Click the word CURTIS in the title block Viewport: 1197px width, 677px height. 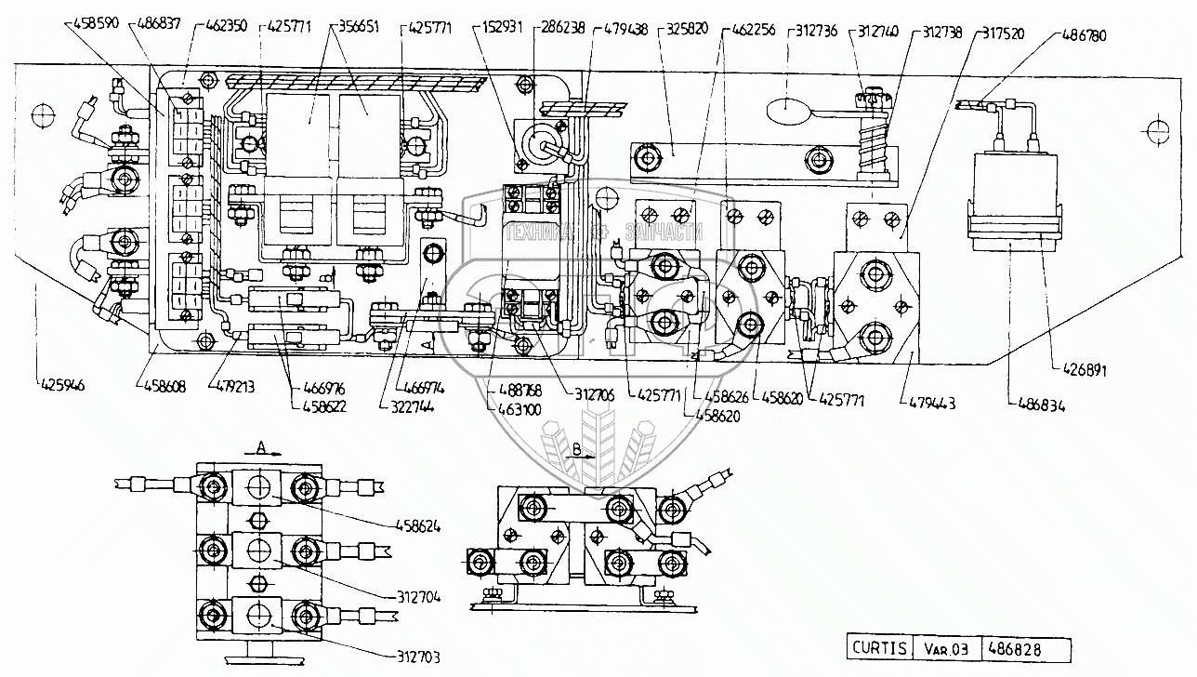[x=875, y=648]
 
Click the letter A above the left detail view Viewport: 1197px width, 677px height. [x=262, y=447]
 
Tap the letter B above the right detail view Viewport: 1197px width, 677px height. [x=576, y=448]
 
